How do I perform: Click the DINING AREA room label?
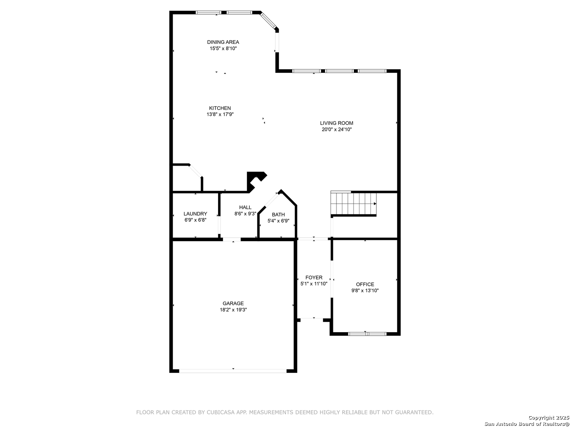coord(223,42)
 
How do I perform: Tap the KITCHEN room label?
coord(220,108)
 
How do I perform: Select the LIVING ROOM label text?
coord(336,123)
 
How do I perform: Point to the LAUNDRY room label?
coord(195,213)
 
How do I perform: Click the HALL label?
coord(245,208)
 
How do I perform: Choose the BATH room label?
coord(278,215)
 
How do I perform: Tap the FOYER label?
coord(313,278)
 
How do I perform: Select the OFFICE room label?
coord(365,284)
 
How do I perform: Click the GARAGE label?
coord(233,303)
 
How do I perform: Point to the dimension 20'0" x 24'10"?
coord(336,130)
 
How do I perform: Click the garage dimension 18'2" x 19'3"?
coord(233,310)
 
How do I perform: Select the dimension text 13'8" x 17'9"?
coord(220,115)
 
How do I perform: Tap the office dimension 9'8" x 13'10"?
coord(365,291)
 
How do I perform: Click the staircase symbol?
coord(353,204)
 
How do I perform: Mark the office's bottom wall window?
coord(367,334)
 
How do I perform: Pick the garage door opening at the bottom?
coord(233,371)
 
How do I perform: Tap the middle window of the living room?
coord(339,71)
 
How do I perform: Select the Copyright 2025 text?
coord(549,418)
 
